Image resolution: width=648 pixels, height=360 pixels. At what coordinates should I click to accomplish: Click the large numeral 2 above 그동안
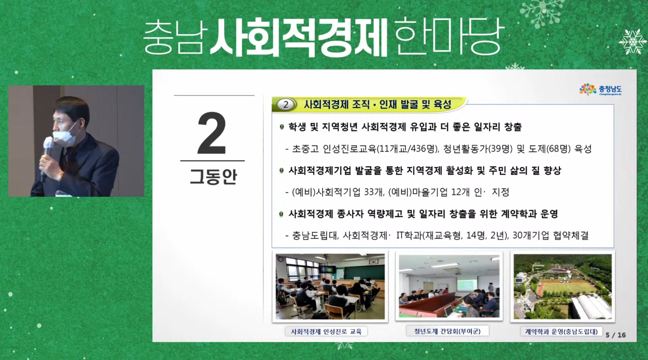point(212,133)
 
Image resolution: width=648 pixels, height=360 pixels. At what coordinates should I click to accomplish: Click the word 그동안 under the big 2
point(213,176)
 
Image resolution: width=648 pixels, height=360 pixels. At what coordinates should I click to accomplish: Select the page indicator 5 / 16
point(616,335)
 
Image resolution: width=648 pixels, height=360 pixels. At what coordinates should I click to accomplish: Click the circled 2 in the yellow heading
point(285,105)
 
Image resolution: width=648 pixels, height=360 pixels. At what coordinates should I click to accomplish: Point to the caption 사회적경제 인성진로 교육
point(326,331)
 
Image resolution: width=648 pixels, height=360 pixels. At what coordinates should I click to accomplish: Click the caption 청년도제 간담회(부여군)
point(447,331)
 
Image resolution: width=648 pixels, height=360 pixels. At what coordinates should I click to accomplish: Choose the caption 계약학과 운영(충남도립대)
point(561,331)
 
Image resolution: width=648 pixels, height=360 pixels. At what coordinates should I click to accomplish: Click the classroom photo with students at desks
point(330,287)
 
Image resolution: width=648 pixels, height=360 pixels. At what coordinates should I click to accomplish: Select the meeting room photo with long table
point(449,286)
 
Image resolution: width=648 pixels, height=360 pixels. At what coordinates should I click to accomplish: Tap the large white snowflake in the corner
point(633,41)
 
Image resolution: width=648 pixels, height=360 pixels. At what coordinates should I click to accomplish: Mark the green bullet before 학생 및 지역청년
point(281,127)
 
